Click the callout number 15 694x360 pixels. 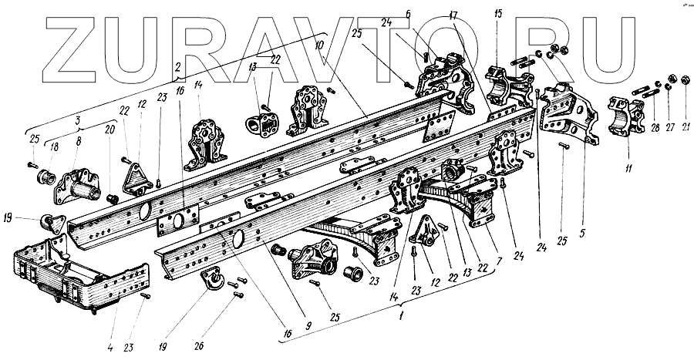coord(499,15)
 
